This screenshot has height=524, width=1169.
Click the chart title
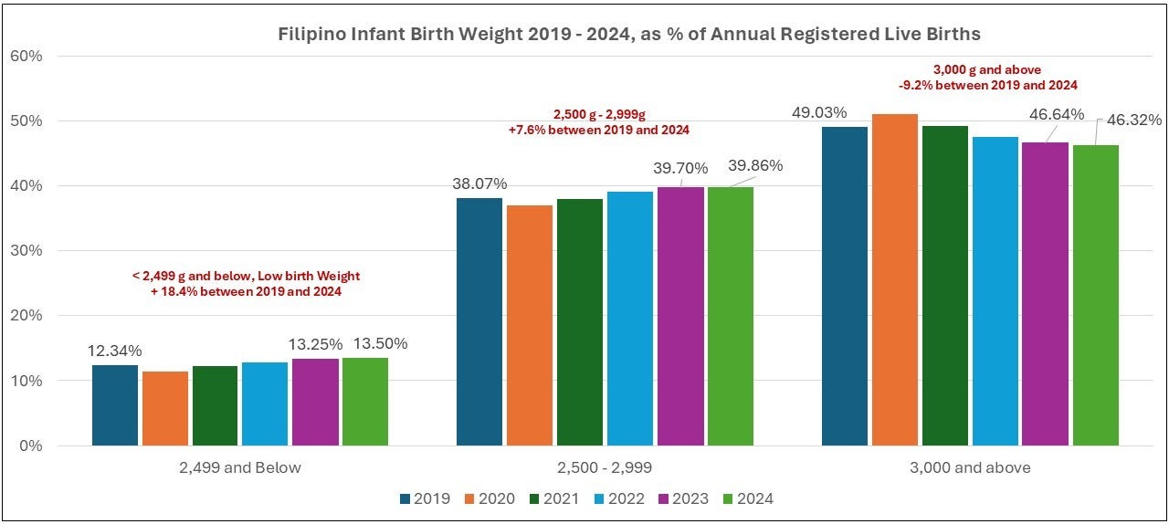tap(629, 34)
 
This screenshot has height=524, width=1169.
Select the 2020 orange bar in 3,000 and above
tap(894, 279)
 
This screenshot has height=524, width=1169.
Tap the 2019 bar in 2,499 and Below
tap(115, 405)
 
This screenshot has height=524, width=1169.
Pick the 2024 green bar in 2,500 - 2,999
tap(731, 316)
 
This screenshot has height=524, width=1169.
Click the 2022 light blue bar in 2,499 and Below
tap(265, 404)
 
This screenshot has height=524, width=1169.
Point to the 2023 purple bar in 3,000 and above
tap(1046, 294)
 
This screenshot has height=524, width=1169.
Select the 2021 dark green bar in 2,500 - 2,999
tap(580, 322)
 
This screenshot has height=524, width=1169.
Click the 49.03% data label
tap(819, 112)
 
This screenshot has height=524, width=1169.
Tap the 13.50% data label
tap(381, 344)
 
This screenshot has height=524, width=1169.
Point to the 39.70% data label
tap(680, 169)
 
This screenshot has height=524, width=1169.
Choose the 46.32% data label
tap(1134, 121)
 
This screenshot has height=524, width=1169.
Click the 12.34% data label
tap(114, 351)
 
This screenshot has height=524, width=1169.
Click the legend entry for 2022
tap(619, 499)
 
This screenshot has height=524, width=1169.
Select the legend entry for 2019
tap(425, 499)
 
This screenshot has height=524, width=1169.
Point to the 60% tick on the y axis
tap(26, 56)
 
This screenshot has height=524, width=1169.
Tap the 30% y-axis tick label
tap(26, 250)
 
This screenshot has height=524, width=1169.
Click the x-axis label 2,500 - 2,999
tap(605, 467)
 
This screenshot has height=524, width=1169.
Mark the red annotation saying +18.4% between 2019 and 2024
tap(246, 292)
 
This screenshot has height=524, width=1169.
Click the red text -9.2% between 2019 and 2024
tap(988, 86)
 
